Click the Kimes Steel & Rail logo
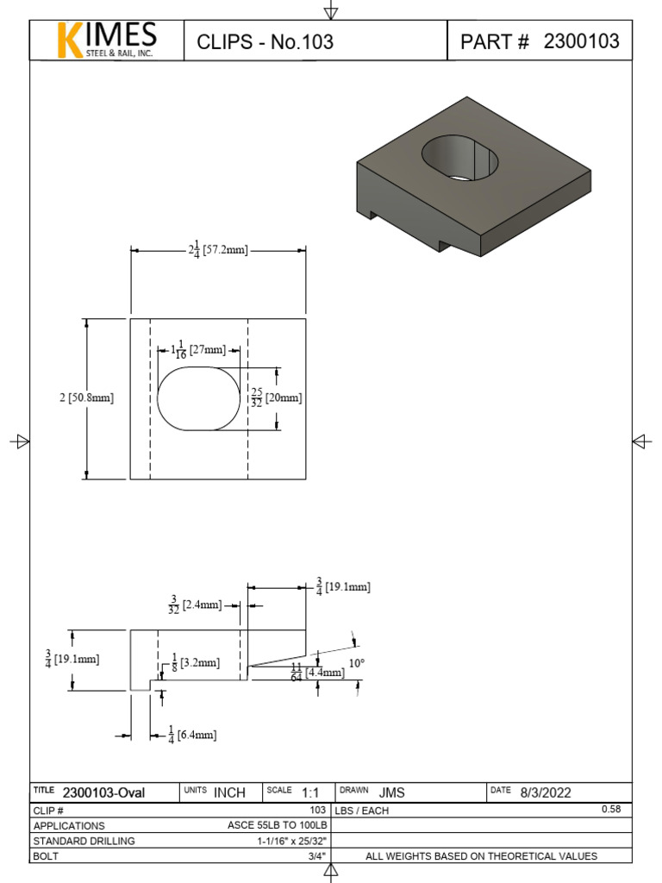coord(107,41)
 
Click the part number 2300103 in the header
coord(581,41)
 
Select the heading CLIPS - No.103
coord(265,41)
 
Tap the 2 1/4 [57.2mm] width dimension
coord(218,251)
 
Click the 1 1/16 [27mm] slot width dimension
coord(198,350)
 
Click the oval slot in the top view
coord(199,398)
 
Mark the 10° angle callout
coord(356,663)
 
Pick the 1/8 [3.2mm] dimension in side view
coord(196,663)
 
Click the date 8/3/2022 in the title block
coord(545,792)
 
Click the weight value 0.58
coord(609,810)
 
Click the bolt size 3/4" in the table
coord(315,856)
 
